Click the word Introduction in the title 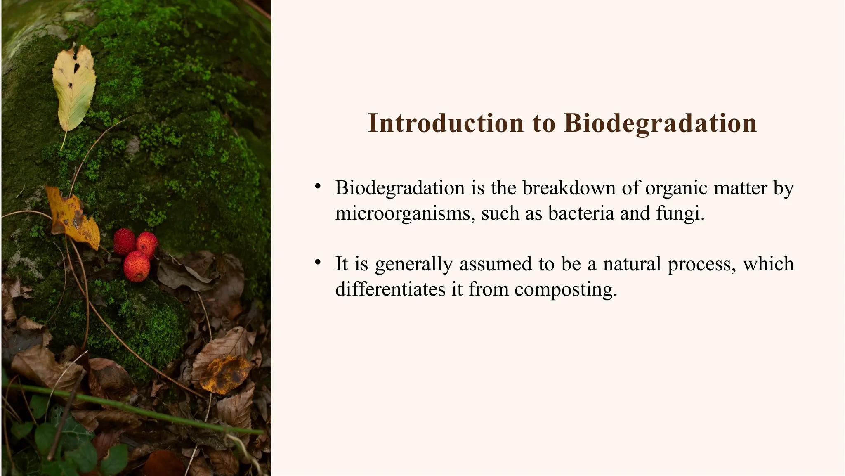tap(445, 123)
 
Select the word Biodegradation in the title tap(660, 123)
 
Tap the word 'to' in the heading tap(543, 124)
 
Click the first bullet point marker tap(317, 187)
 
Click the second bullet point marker tap(317, 263)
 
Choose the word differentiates tap(390, 289)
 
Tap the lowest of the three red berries tap(136, 266)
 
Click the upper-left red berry tap(124, 241)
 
